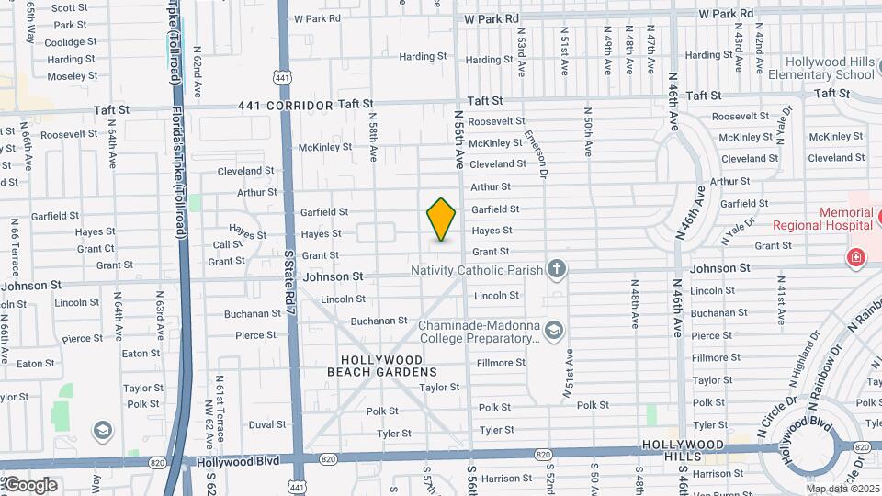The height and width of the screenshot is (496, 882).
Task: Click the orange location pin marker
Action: click(441, 219)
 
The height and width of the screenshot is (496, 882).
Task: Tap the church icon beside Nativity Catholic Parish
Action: click(556, 269)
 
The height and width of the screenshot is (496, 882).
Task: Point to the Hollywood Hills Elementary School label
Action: click(821, 68)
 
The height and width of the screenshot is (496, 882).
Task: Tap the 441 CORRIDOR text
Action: click(285, 106)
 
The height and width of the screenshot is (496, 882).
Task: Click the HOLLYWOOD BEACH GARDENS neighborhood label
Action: click(382, 366)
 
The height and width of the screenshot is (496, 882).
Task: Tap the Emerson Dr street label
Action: click(535, 152)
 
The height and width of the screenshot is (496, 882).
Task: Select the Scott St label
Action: click(69, 7)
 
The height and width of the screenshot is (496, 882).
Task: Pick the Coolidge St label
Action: click(64, 42)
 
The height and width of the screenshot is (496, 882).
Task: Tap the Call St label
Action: click(228, 245)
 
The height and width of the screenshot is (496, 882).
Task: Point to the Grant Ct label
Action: click(96, 249)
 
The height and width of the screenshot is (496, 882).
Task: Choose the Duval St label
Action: click(267, 425)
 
